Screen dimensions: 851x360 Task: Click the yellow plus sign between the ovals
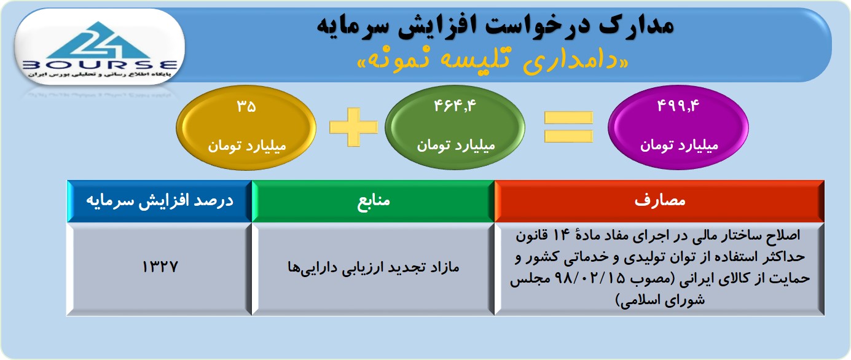tap(353, 127)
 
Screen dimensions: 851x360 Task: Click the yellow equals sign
tap(568, 127)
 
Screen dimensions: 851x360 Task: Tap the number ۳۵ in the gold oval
tap(246, 106)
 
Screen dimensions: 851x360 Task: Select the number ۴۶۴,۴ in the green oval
tap(455, 106)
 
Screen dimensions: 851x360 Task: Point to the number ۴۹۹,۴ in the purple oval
tap(678, 106)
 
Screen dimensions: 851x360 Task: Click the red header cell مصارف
tap(659, 201)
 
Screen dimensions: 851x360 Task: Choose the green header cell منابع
tap(373, 201)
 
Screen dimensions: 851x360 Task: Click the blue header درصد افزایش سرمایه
tap(159, 201)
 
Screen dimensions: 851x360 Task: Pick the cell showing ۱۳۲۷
tap(159, 268)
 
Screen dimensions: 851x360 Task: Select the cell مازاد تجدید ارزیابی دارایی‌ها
tap(373, 268)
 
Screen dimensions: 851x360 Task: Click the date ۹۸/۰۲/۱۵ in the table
tap(590, 278)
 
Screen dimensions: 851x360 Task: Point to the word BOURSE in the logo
tap(100, 65)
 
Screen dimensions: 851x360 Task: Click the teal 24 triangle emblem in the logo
tap(98, 40)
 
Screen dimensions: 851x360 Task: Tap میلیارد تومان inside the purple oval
tap(679, 146)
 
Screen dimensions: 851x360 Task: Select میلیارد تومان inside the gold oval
tap(246, 146)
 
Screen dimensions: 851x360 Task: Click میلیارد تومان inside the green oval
tap(456, 146)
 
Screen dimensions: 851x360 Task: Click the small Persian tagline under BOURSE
tap(100, 74)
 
